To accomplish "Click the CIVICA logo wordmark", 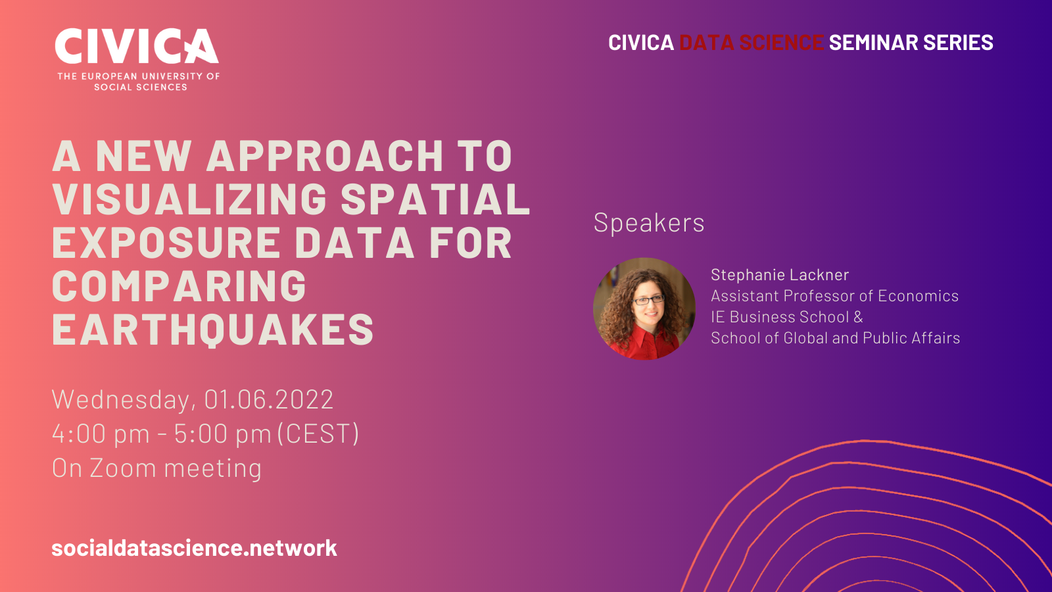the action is pos(137,46).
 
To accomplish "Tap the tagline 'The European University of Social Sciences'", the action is pos(139,82).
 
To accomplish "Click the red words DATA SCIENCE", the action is pos(752,42).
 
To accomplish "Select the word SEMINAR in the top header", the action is pos(874,42).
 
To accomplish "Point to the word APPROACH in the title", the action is pos(325,155).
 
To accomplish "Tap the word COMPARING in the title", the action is pos(179,285).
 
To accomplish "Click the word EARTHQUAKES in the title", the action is pos(213,330).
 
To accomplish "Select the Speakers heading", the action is pos(649,222).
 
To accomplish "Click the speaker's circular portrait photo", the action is pos(644,308).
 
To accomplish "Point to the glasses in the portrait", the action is pos(648,300).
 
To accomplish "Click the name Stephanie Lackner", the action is pos(780,274).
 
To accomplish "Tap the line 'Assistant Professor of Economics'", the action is pos(834,295).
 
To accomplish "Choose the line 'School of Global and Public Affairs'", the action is pos(835,338).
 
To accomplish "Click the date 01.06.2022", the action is pos(269,399).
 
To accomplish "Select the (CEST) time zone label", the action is pos(318,433).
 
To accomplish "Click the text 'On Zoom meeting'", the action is pos(157,468).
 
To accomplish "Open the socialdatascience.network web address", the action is pos(195,548).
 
